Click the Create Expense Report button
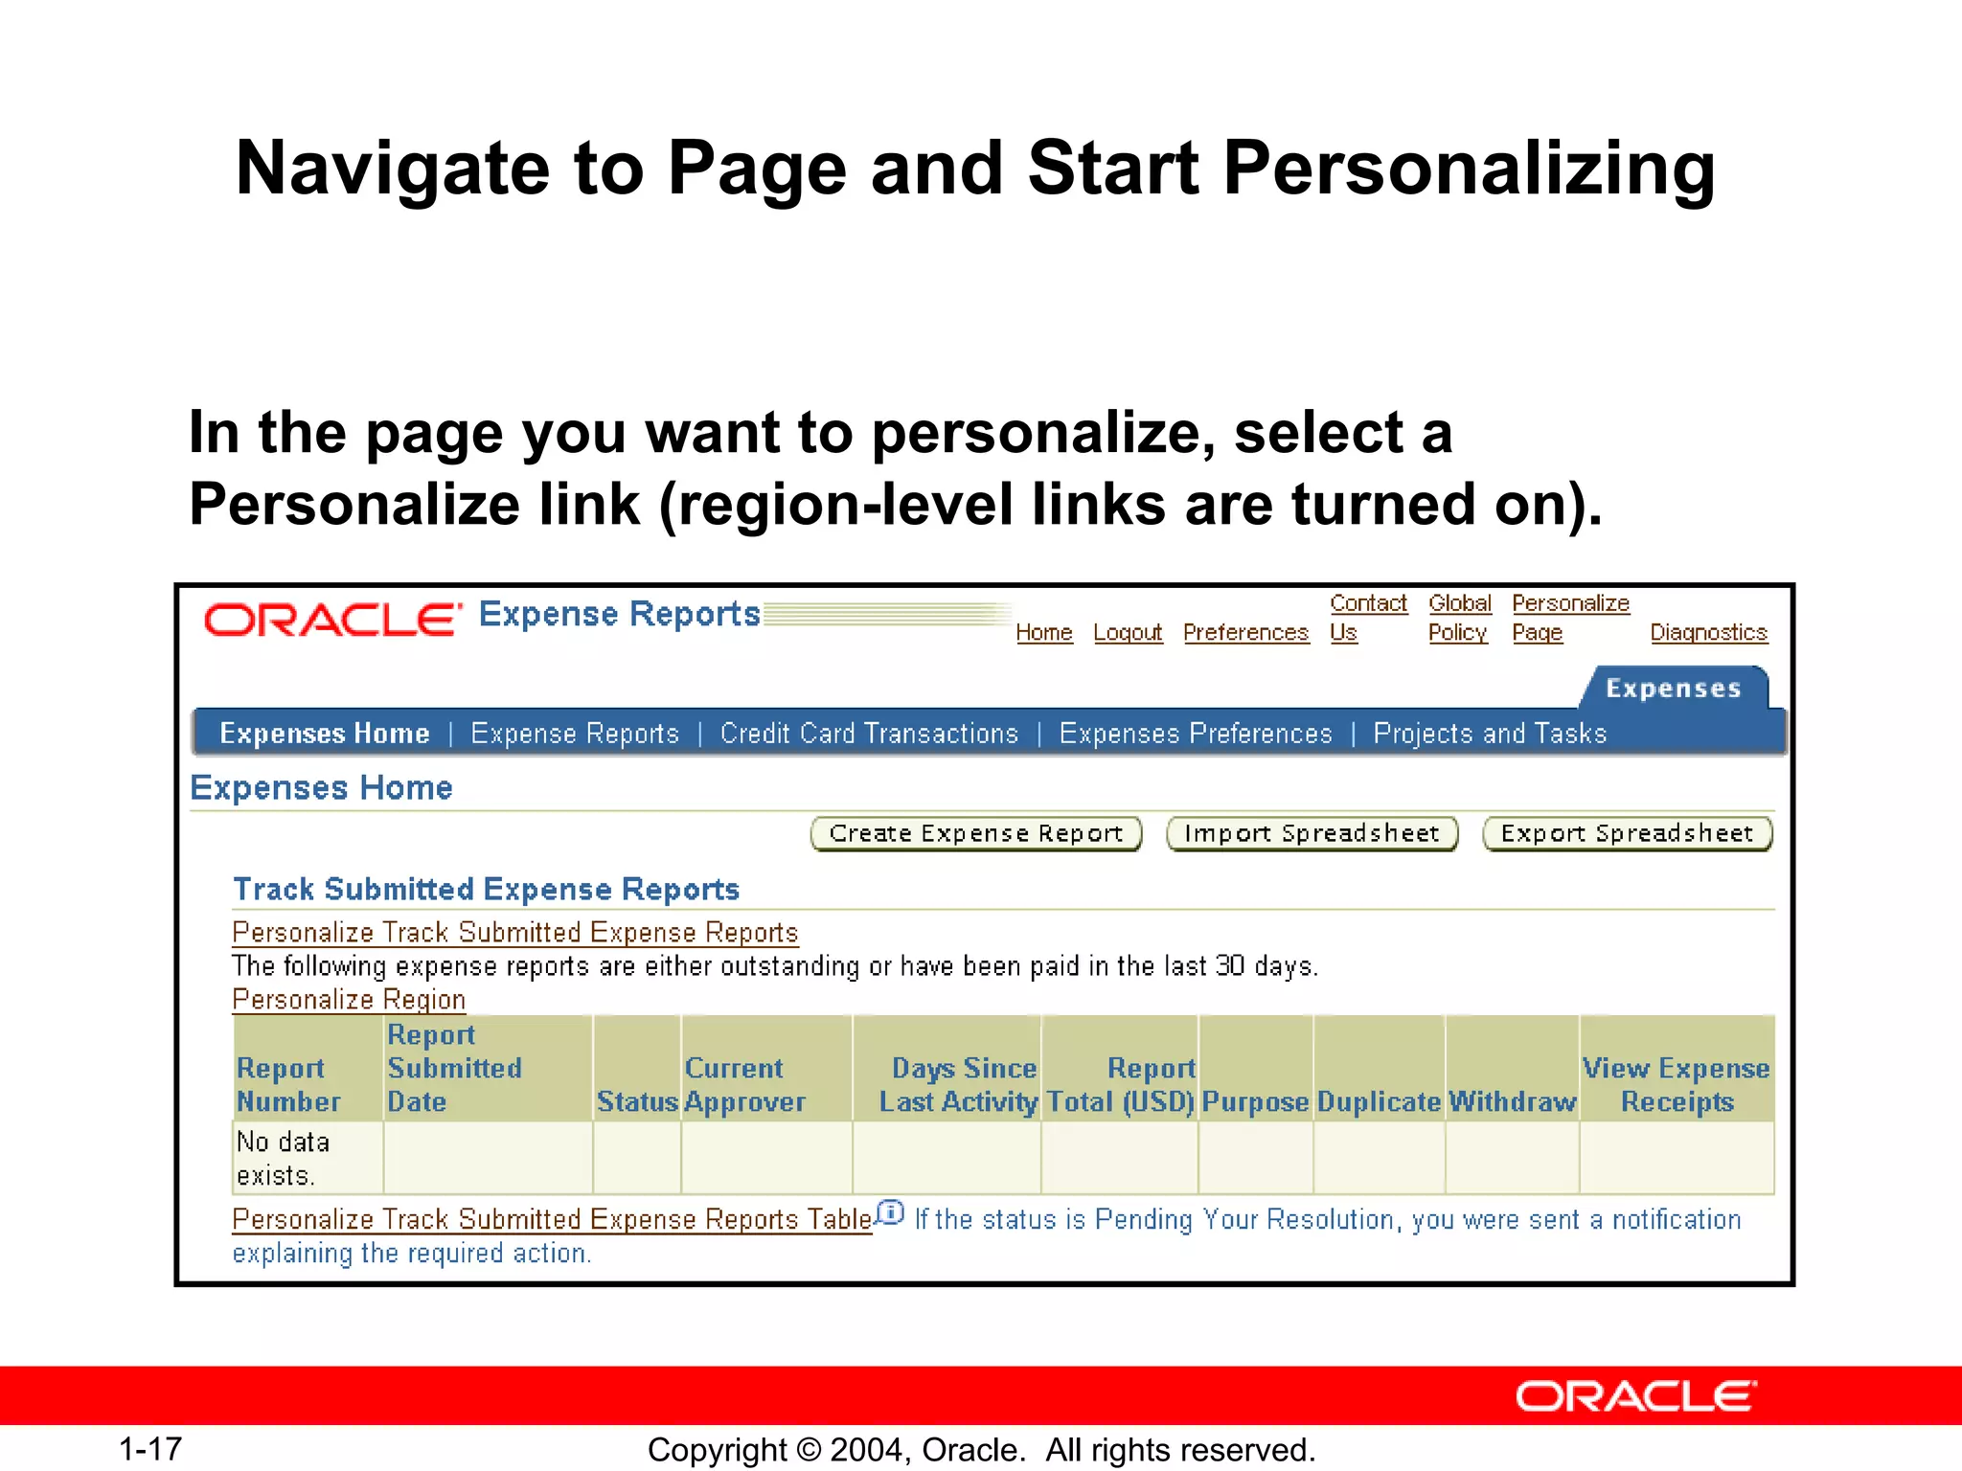[x=975, y=833]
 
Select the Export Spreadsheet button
[x=1627, y=833]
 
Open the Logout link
[x=1128, y=633]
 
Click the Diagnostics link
[x=1708, y=633]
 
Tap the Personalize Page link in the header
[x=1569, y=618]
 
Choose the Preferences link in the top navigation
[x=1245, y=633]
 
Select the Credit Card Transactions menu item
[x=869, y=734]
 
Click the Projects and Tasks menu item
[x=1490, y=734]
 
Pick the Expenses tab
[x=1673, y=689]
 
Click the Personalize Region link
[x=349, y=1000]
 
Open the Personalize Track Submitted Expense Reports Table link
[x=552, y=1219]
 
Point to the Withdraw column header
[x=1512, y=1102]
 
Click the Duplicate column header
[x=1379, y=1102]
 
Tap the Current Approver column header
[x=744, y=1085]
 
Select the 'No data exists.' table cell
[x=283, y=1158]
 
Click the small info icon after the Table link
[x=890, y=1213]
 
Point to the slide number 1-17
[x=150, y=1449]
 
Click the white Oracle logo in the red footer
[x=1635, y=1396]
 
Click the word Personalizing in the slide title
[x=1469, y=169]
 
